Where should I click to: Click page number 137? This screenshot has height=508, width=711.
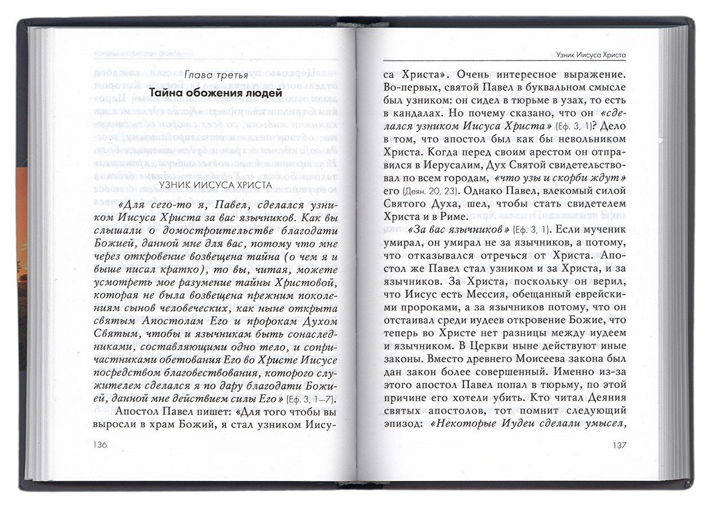tap(619, 445)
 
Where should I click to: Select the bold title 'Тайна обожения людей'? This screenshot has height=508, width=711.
tap(215, 93)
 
